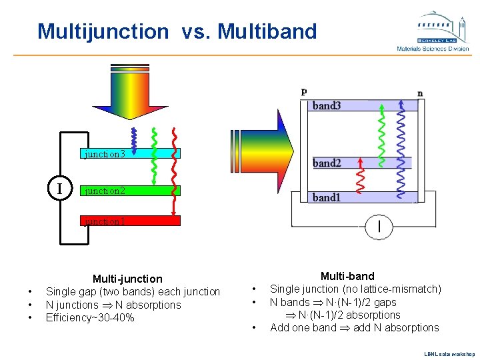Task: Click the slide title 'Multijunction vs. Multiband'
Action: tap(177, 31)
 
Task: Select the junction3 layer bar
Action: tap(130, 153)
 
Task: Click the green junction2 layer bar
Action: tap(130, 190)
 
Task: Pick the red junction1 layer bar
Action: tap(130, 221)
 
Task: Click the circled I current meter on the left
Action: tap(60, 189)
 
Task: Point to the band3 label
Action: tap(327, 105)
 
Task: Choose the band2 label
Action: tap(327, 163)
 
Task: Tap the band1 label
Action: tap(327, 197)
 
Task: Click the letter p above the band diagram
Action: tap(304, 91)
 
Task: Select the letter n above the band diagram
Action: tap(420, 93)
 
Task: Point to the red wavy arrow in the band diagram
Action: tap(360, 179)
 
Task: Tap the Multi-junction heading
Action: tap(127, 279)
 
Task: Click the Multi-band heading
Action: tap(347, 276)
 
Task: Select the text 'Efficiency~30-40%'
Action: tap(90, 317)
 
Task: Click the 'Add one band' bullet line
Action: tap(354, 327)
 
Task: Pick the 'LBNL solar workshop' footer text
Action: tap(450, 353)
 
